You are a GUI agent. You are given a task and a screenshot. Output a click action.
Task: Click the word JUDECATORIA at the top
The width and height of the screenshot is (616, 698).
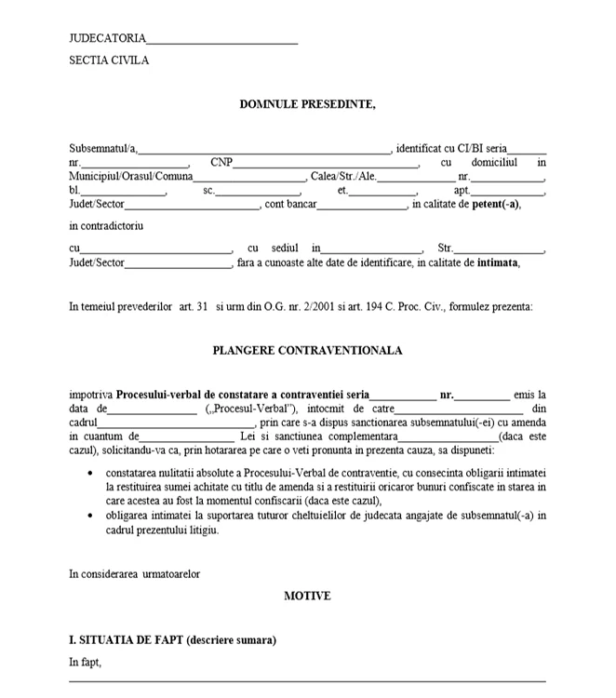(x=108, y=38)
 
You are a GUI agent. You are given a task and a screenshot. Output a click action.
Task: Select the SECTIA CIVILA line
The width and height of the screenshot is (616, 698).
(x=109, y=60)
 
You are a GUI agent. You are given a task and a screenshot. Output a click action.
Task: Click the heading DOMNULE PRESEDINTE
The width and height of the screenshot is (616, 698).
(x=308, y=104)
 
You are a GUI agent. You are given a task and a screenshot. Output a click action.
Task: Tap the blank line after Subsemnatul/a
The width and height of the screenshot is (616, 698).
(x=264, y=148)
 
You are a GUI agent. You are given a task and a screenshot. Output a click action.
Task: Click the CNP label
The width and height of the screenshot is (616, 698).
(x=221, y=162)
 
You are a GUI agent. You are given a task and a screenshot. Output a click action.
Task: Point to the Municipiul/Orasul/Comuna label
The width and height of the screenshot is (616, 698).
(x=131, y=176)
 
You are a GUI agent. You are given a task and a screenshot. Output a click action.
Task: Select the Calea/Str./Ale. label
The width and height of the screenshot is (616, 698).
(x=343, y=176)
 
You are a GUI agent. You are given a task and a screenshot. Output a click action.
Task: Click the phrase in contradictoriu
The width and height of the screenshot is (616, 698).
(x=106, y=225)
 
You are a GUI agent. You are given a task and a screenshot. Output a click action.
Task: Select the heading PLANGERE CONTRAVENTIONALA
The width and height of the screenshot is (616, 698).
(x=307, y=351)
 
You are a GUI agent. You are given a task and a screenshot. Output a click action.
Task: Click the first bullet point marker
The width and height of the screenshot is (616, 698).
(x=88, y=474)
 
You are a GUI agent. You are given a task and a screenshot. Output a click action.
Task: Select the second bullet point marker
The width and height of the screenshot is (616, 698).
(x=88, y=516)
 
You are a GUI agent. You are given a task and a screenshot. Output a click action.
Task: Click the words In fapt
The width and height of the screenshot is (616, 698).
(x=85, y=663)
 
